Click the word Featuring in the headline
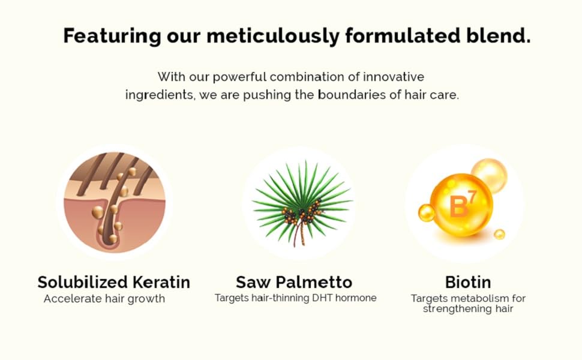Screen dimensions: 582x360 112,37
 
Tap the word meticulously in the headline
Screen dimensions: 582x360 273,37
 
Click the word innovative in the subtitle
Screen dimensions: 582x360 394,77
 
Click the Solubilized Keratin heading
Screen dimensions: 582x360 114,282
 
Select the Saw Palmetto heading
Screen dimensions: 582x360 294,282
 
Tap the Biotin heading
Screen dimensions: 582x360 467,282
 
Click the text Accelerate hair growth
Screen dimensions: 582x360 104,299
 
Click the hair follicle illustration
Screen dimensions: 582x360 115,202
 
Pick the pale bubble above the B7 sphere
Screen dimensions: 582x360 490,176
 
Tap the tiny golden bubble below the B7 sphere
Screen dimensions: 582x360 499,234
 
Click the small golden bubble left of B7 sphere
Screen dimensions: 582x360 427,212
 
